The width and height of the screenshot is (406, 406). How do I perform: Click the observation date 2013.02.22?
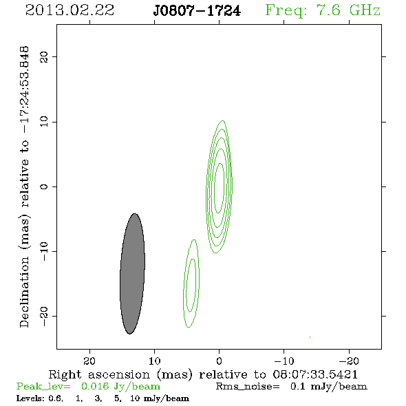point(70,10)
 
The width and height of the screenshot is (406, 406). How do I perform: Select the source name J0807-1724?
point(197,11)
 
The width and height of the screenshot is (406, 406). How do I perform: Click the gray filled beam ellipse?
point(132,274)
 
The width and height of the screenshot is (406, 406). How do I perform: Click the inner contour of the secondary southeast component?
point(187,285)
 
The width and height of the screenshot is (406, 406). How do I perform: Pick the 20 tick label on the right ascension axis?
point(89,361)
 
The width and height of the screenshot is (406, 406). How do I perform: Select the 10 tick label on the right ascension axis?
point(155,361)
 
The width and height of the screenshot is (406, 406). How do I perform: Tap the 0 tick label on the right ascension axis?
point(219,361)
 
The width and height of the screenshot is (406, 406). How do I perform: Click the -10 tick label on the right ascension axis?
point(284,361)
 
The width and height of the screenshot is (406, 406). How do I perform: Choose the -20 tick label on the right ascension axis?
point(349,361)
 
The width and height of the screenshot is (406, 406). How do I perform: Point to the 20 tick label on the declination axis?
point(44,56)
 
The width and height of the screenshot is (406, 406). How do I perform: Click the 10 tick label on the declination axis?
point(44,122)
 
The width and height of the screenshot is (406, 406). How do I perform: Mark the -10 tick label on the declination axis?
point(44,251)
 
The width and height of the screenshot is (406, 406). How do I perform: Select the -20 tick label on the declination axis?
point(44,316)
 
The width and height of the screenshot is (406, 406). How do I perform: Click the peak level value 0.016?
point(95,386)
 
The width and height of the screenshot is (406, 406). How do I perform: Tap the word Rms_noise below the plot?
point(248,387)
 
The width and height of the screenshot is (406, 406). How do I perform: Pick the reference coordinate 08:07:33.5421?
point(315,374)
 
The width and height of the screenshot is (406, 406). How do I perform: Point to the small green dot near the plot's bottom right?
point(310,337)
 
